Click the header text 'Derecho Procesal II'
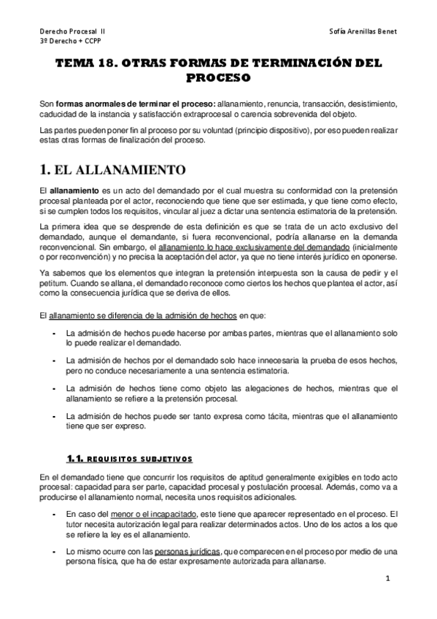[x=72, y=32]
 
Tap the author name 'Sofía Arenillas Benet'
[x=363, y=32]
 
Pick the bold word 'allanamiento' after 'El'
[x=71, y=191]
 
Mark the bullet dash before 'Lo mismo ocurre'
[x=56, y=552]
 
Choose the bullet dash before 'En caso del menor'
[x=56, y=514]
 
